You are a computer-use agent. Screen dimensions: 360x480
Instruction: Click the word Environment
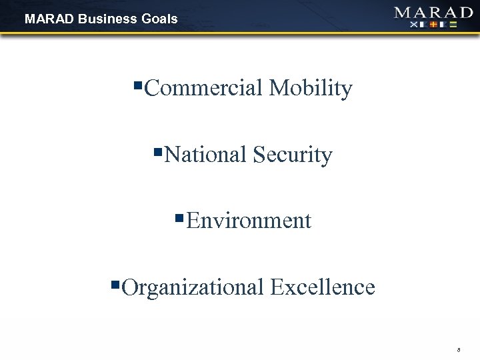coord(249,220)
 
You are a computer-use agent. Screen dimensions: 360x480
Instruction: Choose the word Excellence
coord(323,287)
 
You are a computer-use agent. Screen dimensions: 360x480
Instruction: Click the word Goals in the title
coord(159,19)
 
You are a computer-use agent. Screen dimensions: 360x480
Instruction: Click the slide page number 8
coord(460,348)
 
